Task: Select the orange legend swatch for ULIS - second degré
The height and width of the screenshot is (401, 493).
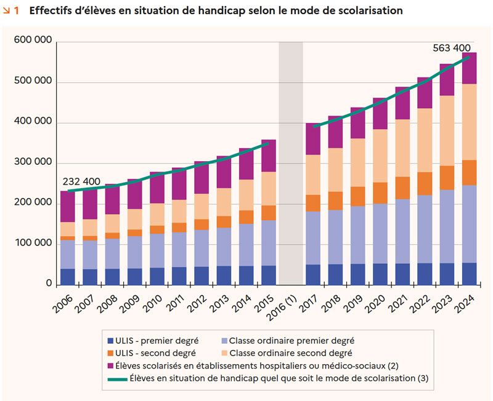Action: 110,353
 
